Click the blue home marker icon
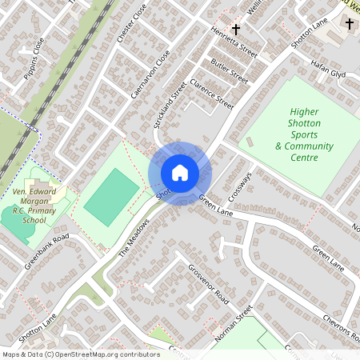[180, 172]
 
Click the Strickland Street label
[170, 104]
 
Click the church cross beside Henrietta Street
[235, 29]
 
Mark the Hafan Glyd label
[328, 73]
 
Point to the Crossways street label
[239, 186]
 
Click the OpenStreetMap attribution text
[80, 354]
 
